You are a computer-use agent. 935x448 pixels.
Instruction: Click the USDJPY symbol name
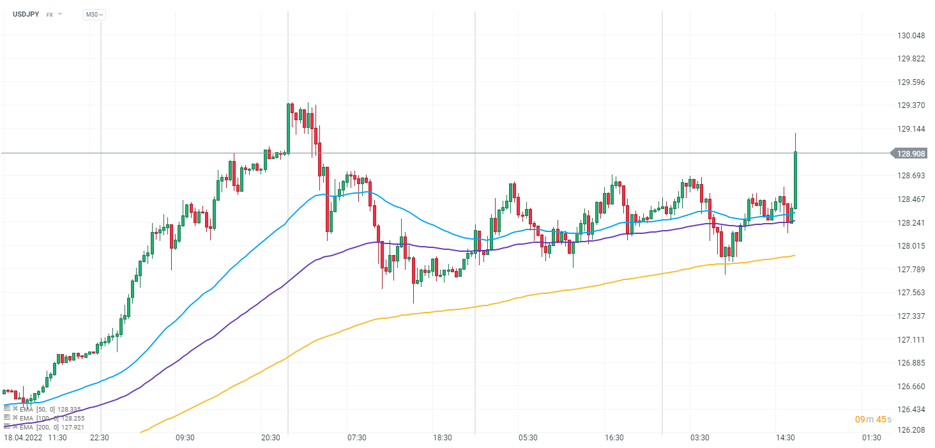26,14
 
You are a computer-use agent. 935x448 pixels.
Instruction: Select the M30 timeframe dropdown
94,14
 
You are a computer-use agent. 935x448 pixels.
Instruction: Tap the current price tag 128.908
911,153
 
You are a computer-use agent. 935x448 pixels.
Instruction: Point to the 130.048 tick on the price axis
911,35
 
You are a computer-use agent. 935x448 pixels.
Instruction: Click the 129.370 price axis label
911,105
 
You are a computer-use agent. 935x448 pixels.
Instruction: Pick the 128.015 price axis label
911,246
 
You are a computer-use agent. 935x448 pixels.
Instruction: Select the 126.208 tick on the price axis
911,429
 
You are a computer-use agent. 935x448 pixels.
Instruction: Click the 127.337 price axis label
911,316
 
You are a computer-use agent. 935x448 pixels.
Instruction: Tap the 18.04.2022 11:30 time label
36,438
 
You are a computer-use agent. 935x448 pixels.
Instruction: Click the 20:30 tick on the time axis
271,438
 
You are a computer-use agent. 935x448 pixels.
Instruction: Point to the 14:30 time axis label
786,438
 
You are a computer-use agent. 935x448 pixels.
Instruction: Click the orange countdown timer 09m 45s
872,419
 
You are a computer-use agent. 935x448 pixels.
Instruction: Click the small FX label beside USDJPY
50,14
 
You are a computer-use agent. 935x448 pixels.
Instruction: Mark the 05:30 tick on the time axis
528,438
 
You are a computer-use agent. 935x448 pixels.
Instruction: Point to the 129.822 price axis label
911,59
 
